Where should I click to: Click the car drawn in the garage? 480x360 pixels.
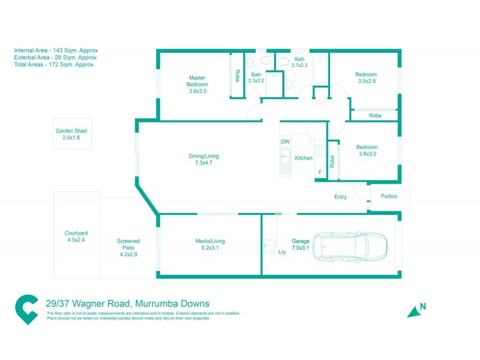point(352,245)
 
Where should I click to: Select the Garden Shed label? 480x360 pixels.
point(71,134)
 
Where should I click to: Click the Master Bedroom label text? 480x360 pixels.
point(197,84)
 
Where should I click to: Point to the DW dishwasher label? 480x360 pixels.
point(285,142)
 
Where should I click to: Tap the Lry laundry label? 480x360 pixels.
point(282,252)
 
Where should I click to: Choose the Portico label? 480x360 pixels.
point(389,197)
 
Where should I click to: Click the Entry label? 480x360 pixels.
point(341,197)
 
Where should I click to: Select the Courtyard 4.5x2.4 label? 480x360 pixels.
point(76,236)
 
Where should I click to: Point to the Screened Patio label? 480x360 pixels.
point(128,247)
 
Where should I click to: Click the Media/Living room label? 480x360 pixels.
point(210,244)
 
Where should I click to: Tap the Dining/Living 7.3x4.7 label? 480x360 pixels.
point(200,159)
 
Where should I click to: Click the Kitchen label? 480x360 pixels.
point(304,158)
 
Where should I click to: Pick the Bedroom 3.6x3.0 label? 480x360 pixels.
point(367,150)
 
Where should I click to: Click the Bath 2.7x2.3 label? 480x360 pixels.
point(299,62)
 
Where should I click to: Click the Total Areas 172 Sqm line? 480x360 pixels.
point(54,64)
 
